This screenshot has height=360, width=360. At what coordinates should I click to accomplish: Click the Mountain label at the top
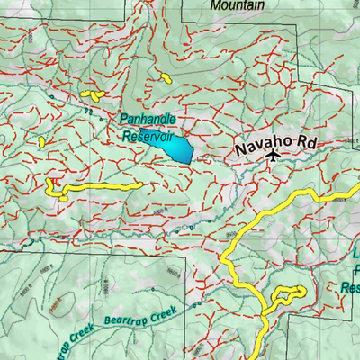(x=237, y=5)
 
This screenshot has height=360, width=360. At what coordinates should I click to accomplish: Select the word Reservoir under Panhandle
(x=148, y=137)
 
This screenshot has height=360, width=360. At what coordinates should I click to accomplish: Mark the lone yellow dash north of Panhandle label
(x=166, y=76)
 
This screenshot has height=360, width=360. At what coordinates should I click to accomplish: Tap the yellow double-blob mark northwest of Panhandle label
(x=89, y=94)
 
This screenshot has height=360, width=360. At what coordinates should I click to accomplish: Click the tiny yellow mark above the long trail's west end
(x=41, y=141)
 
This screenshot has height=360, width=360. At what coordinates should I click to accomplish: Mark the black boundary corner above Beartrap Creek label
(x=185, y=258)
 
